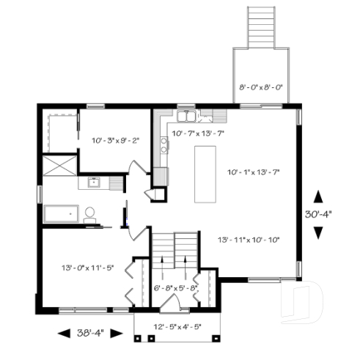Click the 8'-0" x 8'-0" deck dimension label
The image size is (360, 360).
pyautogui.click(x=261, y=88)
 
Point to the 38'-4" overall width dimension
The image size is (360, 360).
pyautogui.click(x=90, y=332)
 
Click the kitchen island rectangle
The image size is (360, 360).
pyautogui.click(x=205, y=174)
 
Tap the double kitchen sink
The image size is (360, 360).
pyautogui.click(x=186, y=116)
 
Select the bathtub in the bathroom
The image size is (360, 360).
pyautogui.click(x=61, y=213)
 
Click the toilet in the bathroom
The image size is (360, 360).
pyautogui.click(x=90, y=214)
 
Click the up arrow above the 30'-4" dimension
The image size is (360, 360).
pyautogui.click(x=317, y=196)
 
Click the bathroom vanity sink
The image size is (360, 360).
pyautogui.click(x=93, y=183)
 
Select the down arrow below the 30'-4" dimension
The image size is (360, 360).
pyautogui.click(x=317, y=232)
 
